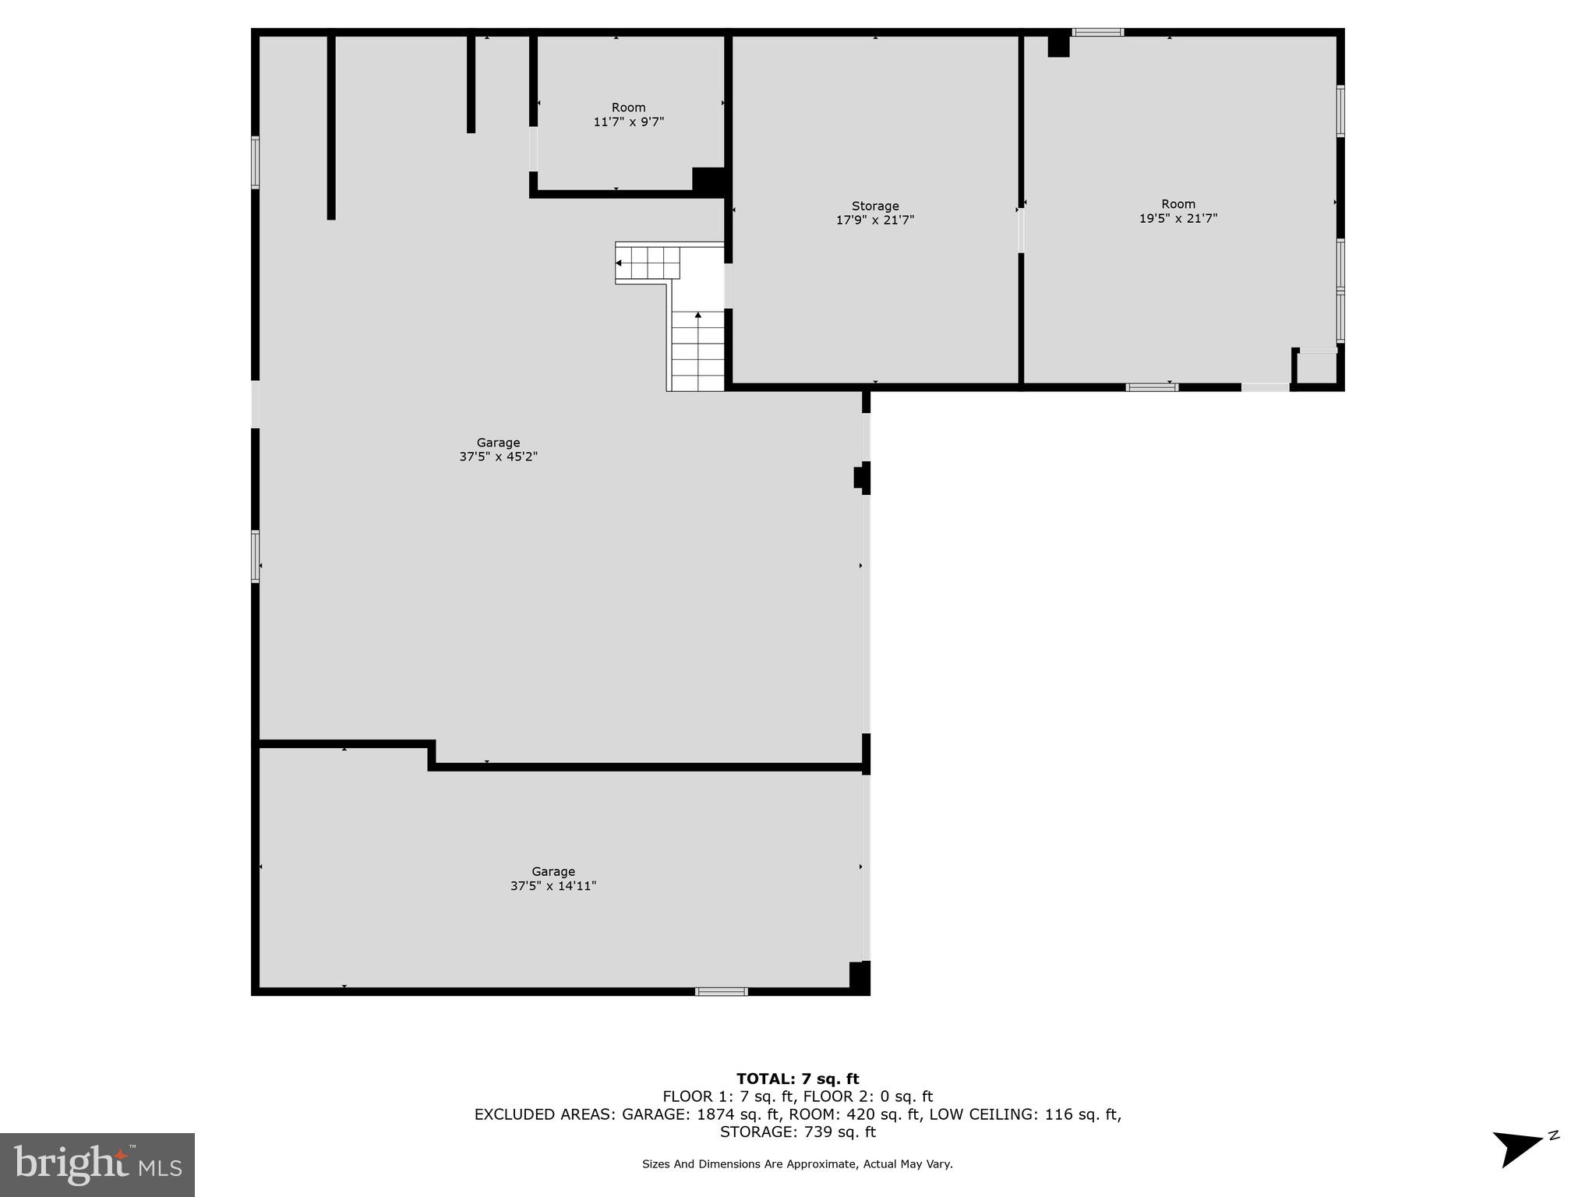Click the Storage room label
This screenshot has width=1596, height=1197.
click(x=874, y=207)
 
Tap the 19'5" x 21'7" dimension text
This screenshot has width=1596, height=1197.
click(x=1178, y=219)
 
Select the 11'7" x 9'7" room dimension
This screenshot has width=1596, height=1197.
click(x=628, y=122)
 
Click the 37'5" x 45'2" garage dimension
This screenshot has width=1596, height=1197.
click(x=498, y=457)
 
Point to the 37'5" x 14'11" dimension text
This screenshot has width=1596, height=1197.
click(x=553, y=886)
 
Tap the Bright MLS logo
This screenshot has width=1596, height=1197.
click(x=97, y=1164)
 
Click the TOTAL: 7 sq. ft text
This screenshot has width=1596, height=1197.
click(x=797, y=1079)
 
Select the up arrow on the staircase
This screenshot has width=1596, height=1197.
click(x=698, y=316)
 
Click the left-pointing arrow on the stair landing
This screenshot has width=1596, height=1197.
click(x=619, y=263)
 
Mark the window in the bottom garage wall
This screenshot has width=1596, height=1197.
click(x=721, y=991)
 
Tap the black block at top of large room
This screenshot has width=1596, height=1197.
click(x=1058, y=45)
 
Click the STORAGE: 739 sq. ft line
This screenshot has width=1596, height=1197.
click(x=797, y=1132)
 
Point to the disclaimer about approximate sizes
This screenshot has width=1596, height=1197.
click(x=797, y=1164)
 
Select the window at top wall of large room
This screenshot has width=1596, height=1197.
click(x=1097, y=33)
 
